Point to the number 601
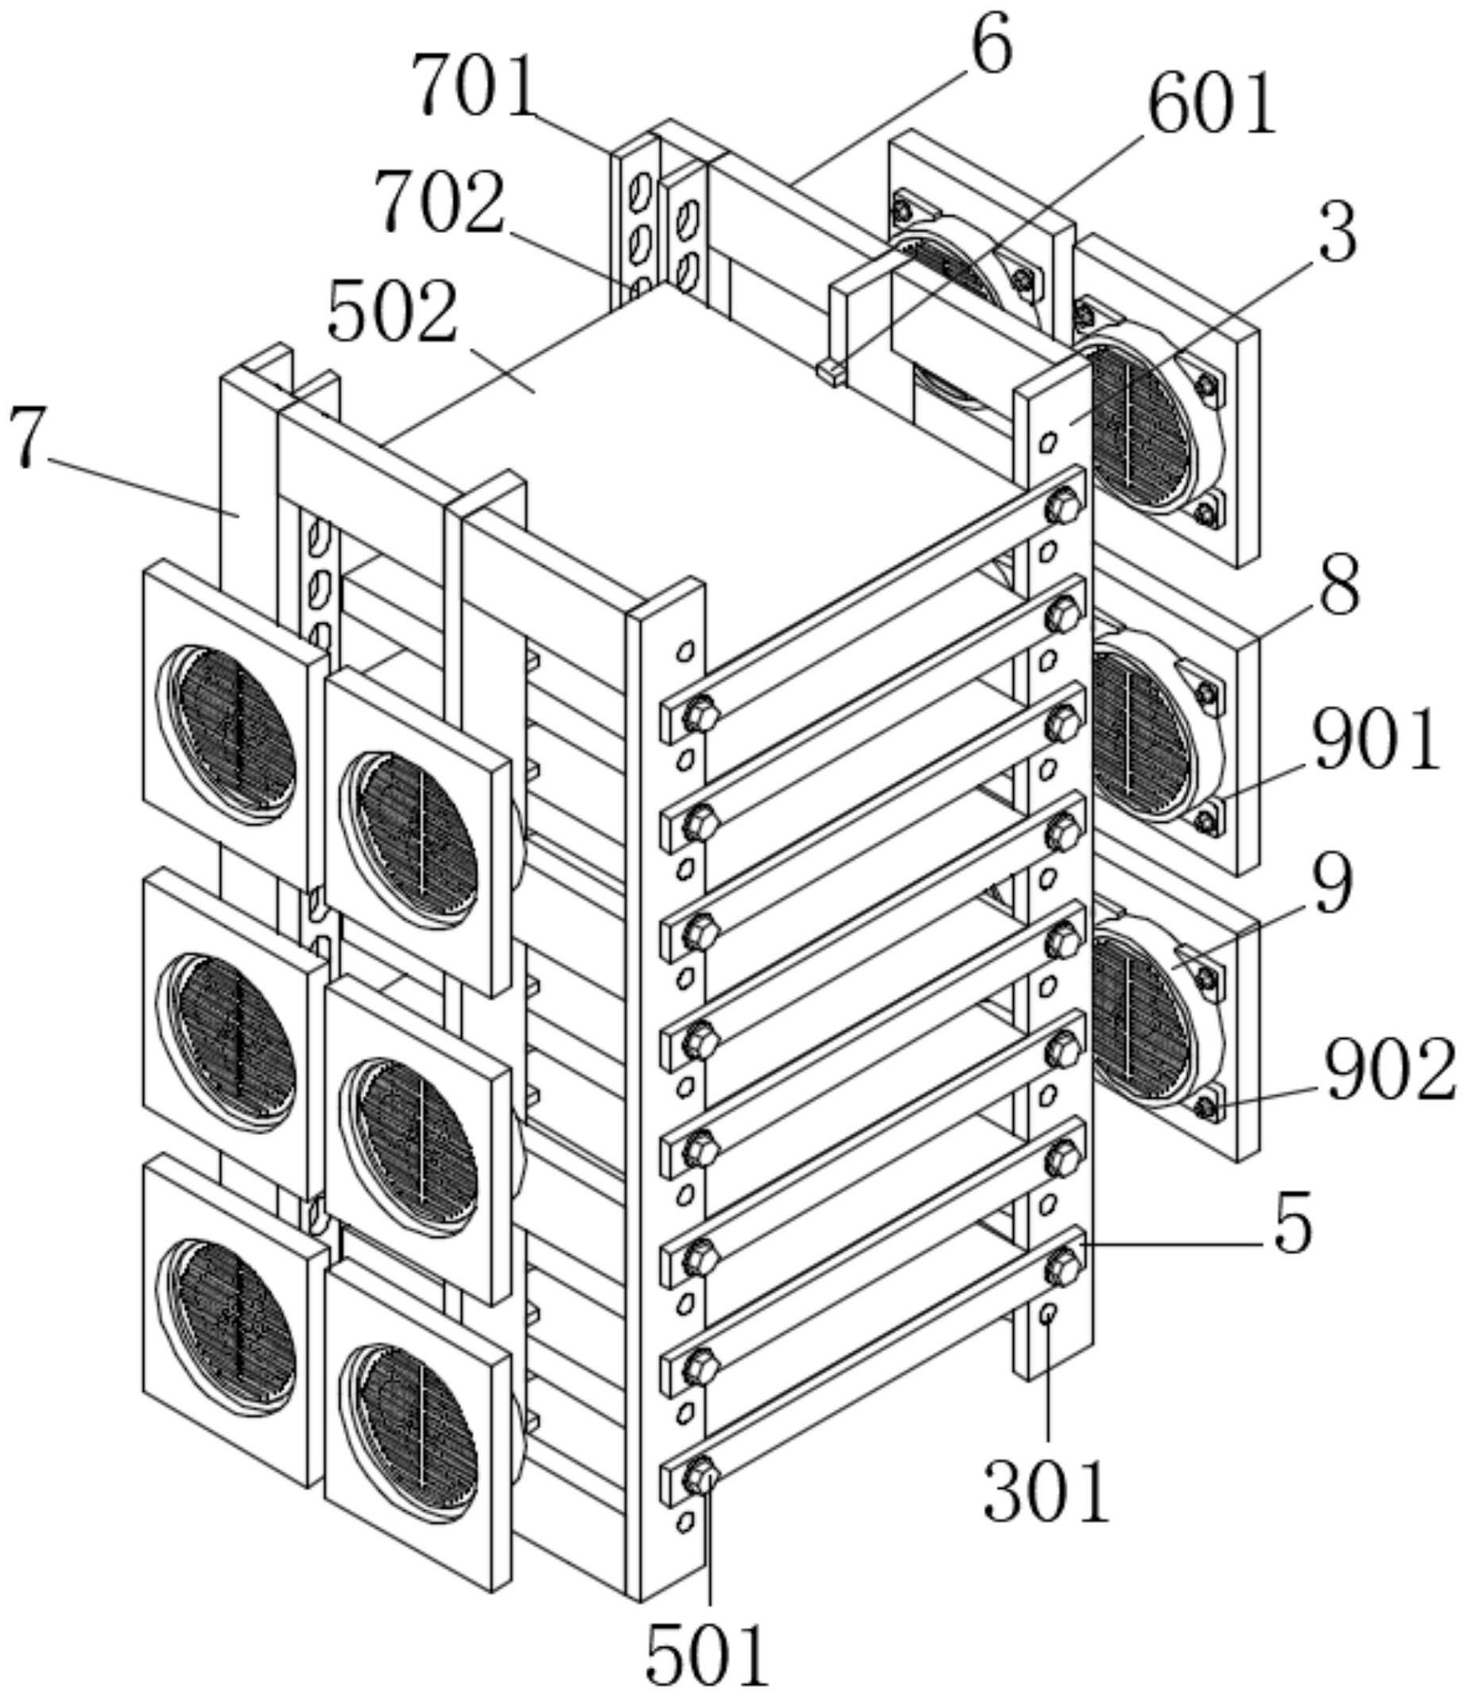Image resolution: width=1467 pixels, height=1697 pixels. tap(1212, 104)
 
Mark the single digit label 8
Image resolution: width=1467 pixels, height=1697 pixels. tap(1338, 587)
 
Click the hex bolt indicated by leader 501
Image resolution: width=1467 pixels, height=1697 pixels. tap(701, 1476)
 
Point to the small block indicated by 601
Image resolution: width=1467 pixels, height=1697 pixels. tap(829, 372)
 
